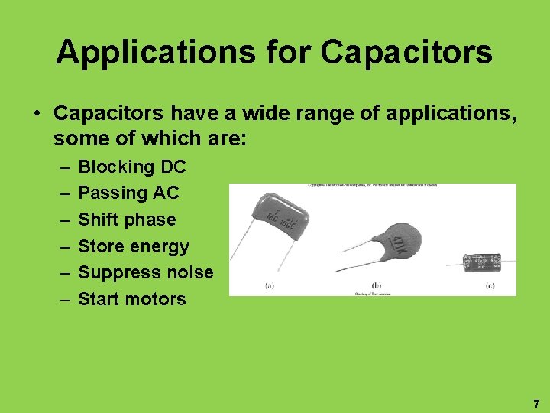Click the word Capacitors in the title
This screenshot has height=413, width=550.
coord(407,53)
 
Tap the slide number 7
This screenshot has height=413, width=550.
coord(536,403)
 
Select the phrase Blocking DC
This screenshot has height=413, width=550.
coord(132,167)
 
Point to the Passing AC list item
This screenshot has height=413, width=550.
coord(128,193)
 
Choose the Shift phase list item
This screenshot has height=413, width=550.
coord(127,220)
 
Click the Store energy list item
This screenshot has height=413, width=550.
coord(134,246)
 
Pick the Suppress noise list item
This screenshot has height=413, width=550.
coord(146,272)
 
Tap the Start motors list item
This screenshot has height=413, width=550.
coord(132,299)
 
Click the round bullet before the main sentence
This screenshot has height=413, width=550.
coord(37,114)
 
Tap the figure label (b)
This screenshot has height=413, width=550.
coord(376,287)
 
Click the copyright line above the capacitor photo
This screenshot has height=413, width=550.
coord(372,186)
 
